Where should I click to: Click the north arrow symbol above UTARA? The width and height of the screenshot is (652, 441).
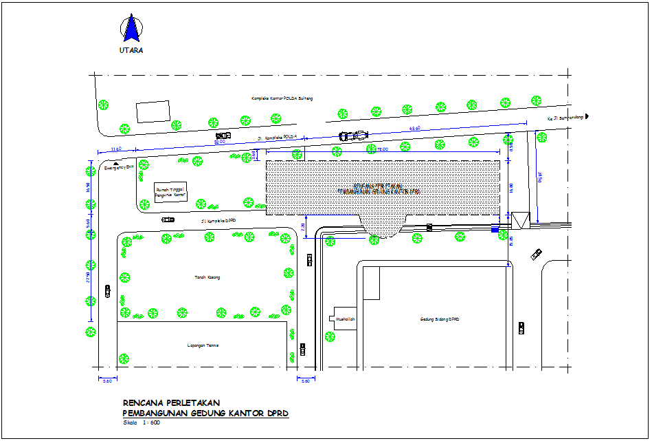click(x=131, y=29)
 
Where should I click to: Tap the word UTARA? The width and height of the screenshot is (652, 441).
click(x=131, y=50)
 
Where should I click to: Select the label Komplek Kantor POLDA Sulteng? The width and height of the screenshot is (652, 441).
click(x=282, y=99)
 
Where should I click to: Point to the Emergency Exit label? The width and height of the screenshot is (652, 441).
click(x=117, y=167)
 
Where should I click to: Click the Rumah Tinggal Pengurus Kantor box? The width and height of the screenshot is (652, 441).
click(x=171, y=192)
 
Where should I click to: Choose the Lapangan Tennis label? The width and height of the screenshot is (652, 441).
click(x=203, y=345)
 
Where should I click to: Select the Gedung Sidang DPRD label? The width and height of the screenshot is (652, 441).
click(x=439, y=319)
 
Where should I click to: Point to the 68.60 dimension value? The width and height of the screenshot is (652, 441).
click(x=414, y=129)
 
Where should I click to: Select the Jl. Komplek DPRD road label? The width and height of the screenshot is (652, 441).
click(x=218, y=221)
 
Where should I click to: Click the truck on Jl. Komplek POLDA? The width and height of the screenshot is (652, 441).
click(x=353, y=135)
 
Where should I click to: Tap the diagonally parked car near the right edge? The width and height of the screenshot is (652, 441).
click(x=536, y=255)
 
